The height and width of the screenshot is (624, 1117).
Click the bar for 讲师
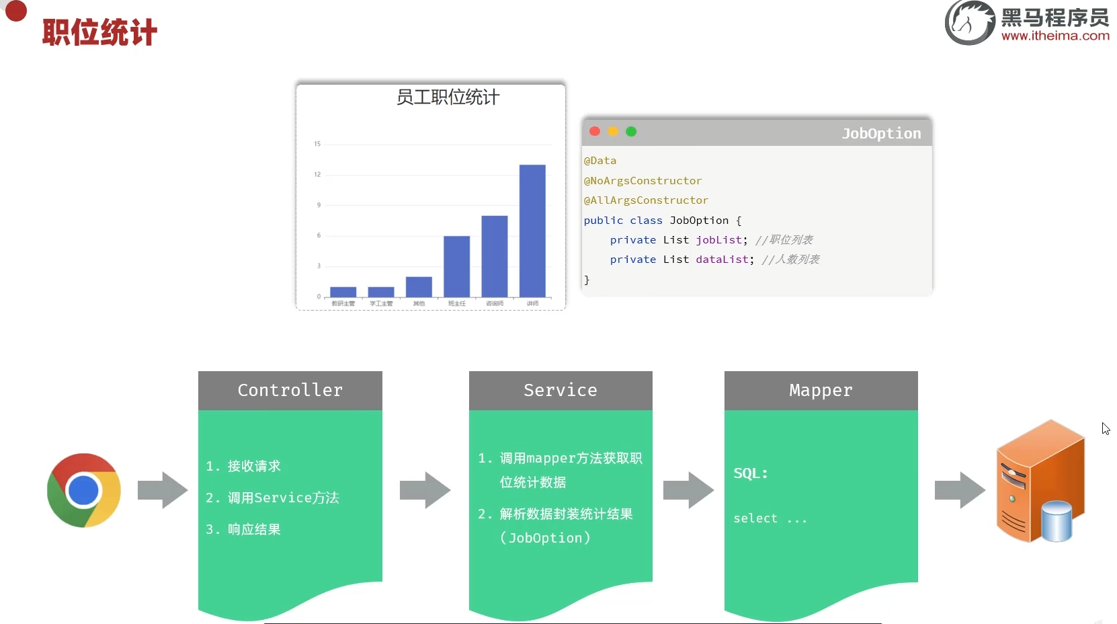click(532, 231)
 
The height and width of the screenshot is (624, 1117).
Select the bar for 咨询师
click(495, 256)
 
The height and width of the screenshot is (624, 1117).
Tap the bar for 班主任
click(456, 266)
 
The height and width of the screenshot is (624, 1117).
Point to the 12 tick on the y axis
click(317, 175)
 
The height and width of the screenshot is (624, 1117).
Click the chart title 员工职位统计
click(448, 97)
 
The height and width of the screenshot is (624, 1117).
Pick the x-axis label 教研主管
click(343, 304)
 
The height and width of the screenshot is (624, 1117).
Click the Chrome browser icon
click(84, 490)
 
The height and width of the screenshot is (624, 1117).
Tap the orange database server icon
click(1040, 481)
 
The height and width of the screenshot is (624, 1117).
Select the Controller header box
click(290, 391)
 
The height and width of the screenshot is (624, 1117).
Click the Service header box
click(561, 391)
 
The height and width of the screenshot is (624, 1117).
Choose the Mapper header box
click(821, 391)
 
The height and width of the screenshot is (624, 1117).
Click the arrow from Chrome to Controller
click(162, 490)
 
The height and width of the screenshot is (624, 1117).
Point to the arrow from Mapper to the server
click(959, 490)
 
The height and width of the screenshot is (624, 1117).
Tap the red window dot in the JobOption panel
click(595, 132)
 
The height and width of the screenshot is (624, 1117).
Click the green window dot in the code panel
click(631, 132)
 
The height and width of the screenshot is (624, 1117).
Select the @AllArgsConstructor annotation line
click(646, 200)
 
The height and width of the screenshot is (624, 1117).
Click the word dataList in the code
click(722, 260)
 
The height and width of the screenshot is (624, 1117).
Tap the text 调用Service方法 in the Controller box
click(283, 498)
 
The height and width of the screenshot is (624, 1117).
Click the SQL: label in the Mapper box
click(751, 473)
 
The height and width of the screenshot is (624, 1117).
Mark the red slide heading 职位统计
click(99, 32)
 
